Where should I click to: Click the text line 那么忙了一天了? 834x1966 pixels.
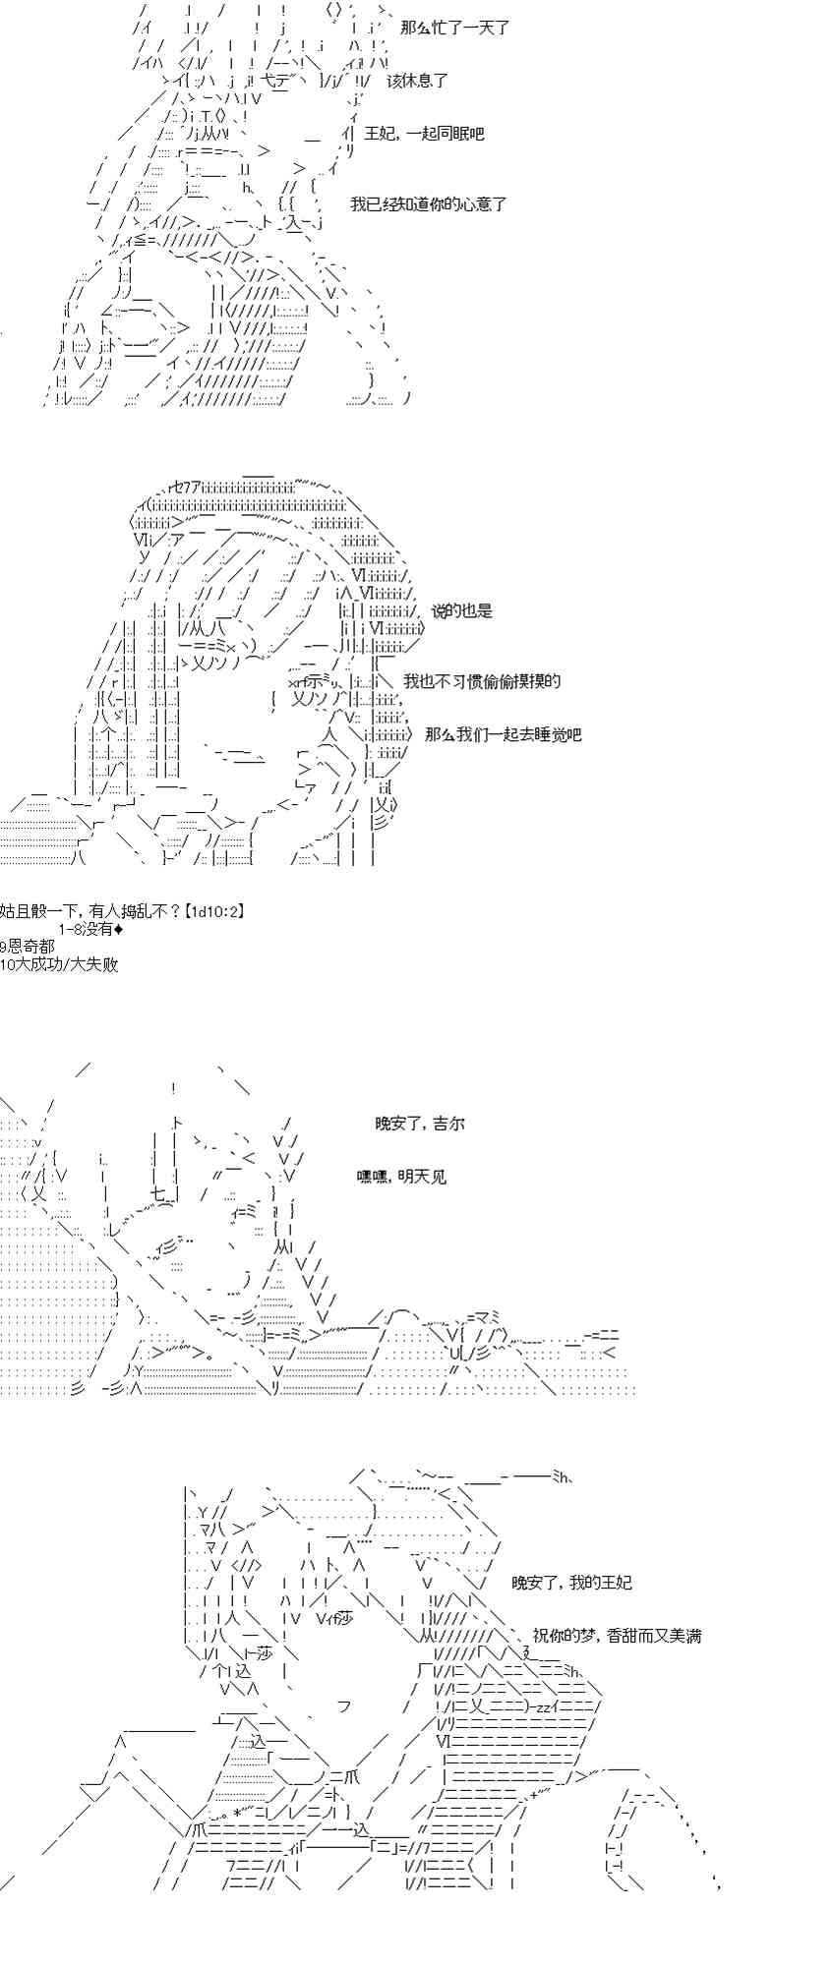[454, 29]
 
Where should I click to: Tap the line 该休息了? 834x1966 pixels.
[418, 81]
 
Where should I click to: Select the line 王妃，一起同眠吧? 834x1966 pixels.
[424, 133]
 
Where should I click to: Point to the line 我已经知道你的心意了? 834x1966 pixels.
[429, 204]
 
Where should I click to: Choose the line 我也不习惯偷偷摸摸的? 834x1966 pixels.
[482, 681]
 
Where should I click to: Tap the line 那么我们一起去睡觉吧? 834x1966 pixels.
[503, 734]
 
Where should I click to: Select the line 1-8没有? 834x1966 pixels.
[86, 929]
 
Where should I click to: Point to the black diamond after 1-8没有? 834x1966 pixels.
[118, 929]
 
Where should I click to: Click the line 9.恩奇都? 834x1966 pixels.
[28, 947]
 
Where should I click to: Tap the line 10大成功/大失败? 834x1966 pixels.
[59, 964]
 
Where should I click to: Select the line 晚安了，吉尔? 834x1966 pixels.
[419, 1124]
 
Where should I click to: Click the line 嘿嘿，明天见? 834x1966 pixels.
[401, 1177]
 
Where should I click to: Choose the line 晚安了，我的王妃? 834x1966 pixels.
[571, 1583]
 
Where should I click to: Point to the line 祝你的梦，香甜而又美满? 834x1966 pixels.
[617, 1636]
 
